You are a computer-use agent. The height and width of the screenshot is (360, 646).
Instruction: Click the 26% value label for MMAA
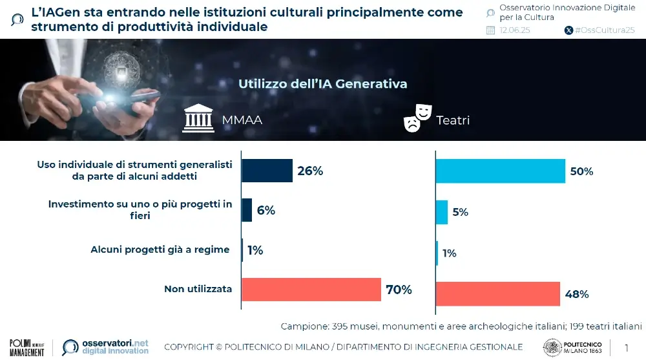click(x=310, y=171)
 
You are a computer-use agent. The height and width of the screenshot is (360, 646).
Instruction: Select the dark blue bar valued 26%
click(x=267, y=171)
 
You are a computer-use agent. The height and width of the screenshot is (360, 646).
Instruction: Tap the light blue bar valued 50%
click(x=500, y=171)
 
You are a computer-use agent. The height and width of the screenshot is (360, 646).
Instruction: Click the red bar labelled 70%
click(x=311, y=289)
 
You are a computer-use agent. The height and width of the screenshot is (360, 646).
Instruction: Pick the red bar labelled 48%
click(x=497, y=294)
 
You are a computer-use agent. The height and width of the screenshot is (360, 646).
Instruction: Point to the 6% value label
click(x=266, y=210)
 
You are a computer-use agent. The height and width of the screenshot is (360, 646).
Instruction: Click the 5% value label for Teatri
click(x=461, y=212)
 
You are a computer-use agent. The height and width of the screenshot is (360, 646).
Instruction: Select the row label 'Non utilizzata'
click(x=198, y=289)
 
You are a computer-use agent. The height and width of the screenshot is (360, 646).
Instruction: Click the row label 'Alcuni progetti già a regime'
click(x=160, y=249)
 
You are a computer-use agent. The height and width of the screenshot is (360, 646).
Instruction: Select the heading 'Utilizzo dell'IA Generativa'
click(x=322, y=84)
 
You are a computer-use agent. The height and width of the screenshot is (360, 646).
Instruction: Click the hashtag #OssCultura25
click(x=604, y=30)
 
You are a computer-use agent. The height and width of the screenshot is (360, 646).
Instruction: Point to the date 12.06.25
click(x=515, y=30)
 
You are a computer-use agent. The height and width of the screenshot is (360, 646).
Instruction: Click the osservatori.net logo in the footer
click(x=106, y=347)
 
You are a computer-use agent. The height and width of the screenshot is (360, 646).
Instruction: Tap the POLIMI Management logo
click(x=26, y=347)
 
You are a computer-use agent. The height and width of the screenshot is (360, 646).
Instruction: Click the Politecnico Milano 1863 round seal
click(x=552, y=347)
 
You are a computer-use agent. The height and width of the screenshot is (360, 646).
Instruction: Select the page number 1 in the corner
click(x=626, y=348)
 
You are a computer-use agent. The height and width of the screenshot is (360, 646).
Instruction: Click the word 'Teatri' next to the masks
click(x=453, y=120)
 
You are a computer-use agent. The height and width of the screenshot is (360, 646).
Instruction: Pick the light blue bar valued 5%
click(x=442, y=212)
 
